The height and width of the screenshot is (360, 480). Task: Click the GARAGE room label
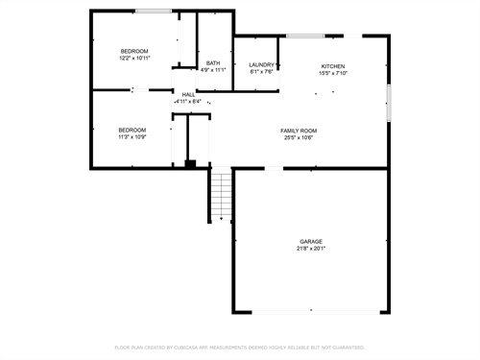tap(310, 241)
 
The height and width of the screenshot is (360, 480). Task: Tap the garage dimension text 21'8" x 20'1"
tap(310, 249)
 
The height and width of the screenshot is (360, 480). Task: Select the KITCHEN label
tap(333, 66)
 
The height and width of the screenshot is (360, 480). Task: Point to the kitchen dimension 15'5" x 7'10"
tap(333, 73)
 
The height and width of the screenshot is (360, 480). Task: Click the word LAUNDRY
tap(262, 65)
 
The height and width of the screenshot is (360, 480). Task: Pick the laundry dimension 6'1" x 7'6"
tap(262, 72)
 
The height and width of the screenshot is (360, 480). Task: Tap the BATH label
tap(213, 63)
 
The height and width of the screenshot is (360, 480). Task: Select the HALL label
tap(189, 94)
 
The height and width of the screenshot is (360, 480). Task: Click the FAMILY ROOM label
tap(299, 131)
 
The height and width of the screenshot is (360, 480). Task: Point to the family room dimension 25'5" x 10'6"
tap(299, 137)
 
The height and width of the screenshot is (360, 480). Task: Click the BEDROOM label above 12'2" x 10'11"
tap(133, 51)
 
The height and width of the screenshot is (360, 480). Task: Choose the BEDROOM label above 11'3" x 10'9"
tap(132, 130)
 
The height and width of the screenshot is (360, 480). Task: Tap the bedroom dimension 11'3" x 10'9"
tap(132, 136)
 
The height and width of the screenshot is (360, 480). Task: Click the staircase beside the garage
tap(222, 195)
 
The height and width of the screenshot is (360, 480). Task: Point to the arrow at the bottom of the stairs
tap(222, 220)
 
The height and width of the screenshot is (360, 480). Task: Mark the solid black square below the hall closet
tap(190, 164)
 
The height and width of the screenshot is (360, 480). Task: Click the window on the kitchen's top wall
tap(304, 36)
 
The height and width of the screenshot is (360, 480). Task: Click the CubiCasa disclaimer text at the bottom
tap(240, 347)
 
